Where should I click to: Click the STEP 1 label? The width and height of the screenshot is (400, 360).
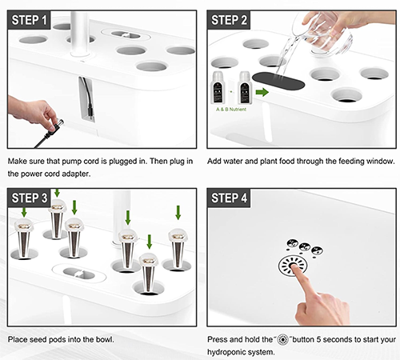click(29, 20)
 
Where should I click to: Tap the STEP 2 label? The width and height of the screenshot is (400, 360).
click(229, 20)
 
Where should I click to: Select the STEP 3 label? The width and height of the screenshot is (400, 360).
click(30, 198)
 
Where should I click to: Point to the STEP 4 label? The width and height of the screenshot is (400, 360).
click(229, 198)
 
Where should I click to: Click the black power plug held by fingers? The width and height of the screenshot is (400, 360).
click(56, 126)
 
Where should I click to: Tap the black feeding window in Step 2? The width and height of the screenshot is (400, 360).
click(278, 82)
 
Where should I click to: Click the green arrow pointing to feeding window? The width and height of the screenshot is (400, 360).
click(262, 92)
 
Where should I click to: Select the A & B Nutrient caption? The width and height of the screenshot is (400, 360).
click(231, 110)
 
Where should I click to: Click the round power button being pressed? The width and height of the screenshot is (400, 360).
click(293, 266)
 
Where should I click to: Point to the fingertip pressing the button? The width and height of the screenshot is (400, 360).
click(295, 267)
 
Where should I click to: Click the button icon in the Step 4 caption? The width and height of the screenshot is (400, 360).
click(282, 340)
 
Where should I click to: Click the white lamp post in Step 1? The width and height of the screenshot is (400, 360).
click(80, 34)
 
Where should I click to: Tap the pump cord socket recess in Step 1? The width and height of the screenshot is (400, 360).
click(86, 99)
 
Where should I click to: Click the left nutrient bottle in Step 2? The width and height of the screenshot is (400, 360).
click(218, 88)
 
